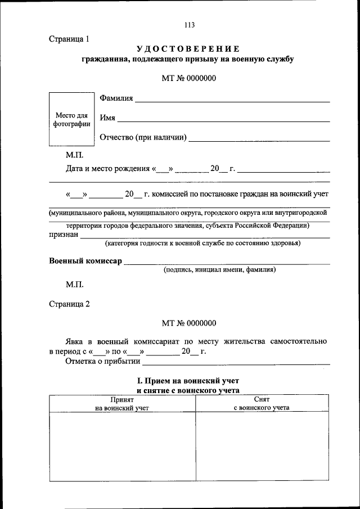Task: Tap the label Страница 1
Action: pos(69,39)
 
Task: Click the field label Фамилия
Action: pos(116,98)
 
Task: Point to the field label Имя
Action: pos(107,118)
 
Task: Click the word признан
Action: pos(64,236)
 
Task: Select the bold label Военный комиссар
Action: pos(85,261)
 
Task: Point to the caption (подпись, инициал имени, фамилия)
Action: pos(219,270)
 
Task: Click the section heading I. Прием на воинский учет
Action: pos(188,381)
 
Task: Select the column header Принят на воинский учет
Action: pos(122,403)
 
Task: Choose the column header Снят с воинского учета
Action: pos(262,403)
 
